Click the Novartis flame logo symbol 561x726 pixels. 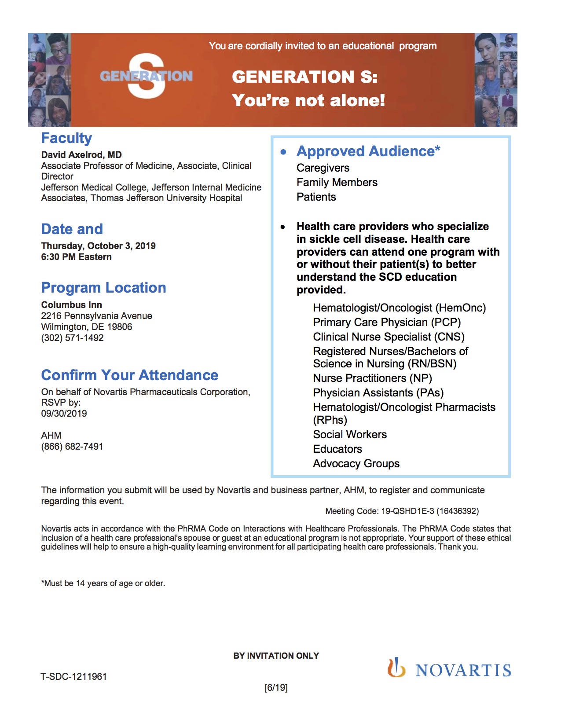pos(396,667)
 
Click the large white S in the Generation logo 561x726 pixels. pos(147,76)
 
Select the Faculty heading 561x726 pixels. pos(66,138)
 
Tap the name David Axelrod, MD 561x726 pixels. pos(81,155)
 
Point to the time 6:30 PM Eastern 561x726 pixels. pos(76,257)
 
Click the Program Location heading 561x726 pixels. pos(103,288)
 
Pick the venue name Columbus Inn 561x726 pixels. pos(71,305)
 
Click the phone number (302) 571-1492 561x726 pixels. pos(72,338)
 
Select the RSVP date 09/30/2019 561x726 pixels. pos(64,414)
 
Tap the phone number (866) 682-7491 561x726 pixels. pos(72,447)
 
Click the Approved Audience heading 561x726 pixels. pos(368,151)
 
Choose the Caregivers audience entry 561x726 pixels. pos(323,168)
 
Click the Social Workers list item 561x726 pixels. pos(350,435)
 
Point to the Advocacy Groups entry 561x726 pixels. pos(356,464)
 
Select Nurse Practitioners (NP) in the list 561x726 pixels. pos(372,378)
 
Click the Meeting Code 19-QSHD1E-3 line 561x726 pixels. pos(402,511)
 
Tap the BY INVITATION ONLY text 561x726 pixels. pos(276,656)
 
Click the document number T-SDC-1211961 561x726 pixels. pos(73,677)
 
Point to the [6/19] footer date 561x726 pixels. pos(276,688)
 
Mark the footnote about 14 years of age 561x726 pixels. pos(103,583)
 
